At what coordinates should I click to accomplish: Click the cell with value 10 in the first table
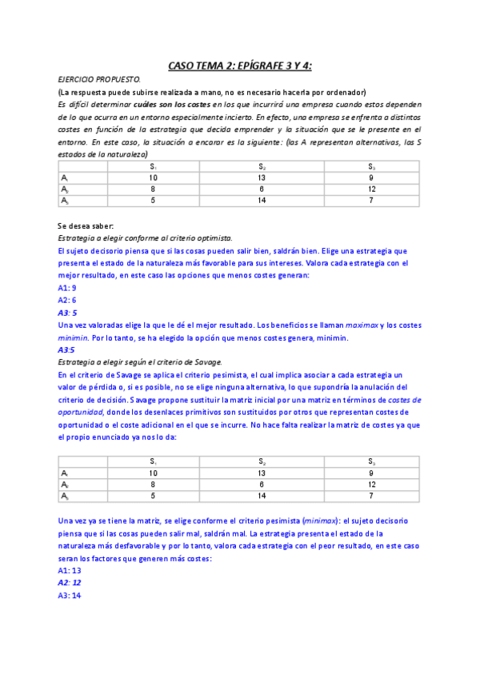(154, 177)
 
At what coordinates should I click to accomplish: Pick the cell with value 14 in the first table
(262, 201)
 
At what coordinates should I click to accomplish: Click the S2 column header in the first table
(262, 166)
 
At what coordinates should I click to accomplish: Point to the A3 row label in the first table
(65, 201)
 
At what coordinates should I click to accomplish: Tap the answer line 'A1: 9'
(67, 287)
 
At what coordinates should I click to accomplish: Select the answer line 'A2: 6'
(67, 300)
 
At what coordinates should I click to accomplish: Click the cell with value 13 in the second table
(262, 473)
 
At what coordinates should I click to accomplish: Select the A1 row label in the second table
(65, 473)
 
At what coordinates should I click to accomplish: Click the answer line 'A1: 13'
(70, 571)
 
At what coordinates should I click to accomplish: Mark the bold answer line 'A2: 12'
(70, 583)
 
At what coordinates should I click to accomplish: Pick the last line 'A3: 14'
(70, 596)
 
